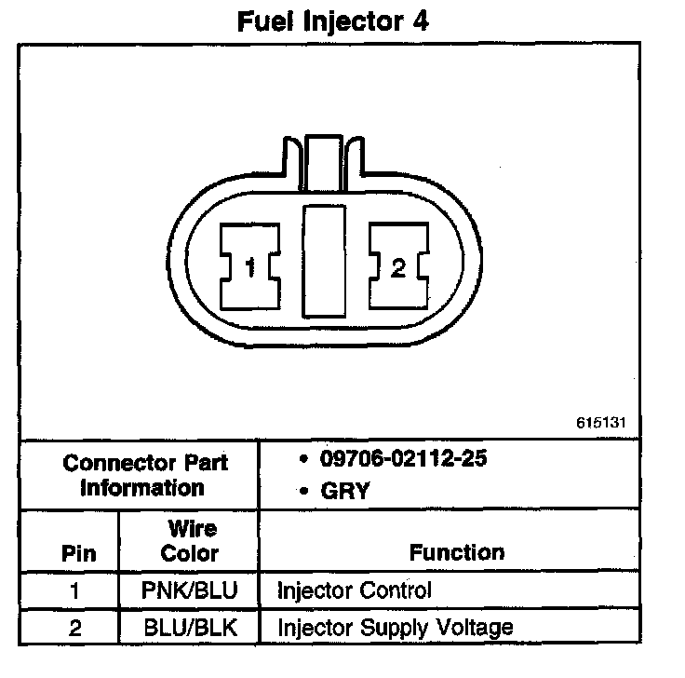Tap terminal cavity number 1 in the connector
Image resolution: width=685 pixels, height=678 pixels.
click(x=250, y=268)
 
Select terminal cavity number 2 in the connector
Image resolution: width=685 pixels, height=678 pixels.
click(x=398, y=268)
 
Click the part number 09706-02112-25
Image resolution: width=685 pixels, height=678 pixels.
click(x=403, y=458)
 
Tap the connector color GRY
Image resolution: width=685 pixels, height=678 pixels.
click(x=344, y=492)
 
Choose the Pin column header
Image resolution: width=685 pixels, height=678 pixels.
click(x=78, y=553)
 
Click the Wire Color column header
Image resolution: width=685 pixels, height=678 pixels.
click(x=190, y=541)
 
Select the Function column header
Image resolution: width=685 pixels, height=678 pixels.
click(x=457, y=553)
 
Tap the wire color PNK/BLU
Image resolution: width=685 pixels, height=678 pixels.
click(x=190, y=590)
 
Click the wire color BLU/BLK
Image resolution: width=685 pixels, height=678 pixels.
click(x=190, y=627)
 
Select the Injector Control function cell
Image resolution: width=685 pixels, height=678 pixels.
click(x=355, y=590)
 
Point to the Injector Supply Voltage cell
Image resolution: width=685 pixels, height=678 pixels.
click(x=396, y=627)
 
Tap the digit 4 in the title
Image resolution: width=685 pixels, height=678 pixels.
click(x=421, y=20)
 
